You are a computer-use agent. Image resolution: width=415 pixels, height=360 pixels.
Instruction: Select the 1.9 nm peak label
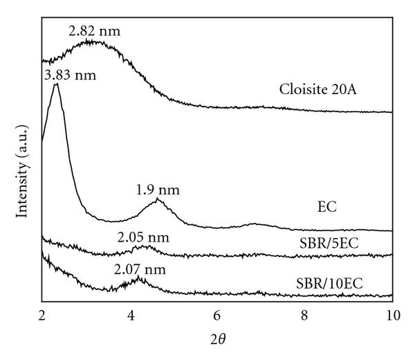click(x=159, y=189)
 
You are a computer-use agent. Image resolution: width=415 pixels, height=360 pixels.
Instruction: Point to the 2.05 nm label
click(x=142, y=237)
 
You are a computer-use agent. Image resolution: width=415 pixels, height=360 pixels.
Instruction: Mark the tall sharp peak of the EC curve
click(x=55, y=84)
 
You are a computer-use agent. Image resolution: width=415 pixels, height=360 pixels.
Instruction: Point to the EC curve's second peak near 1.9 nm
click(x=158, y=200)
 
